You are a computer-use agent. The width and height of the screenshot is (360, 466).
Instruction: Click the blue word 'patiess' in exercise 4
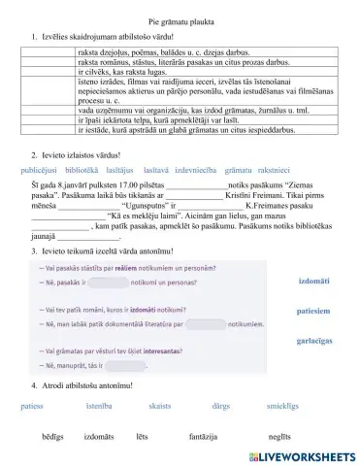(31, 406)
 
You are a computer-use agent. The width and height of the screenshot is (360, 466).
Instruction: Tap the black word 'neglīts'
(278, 438)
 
